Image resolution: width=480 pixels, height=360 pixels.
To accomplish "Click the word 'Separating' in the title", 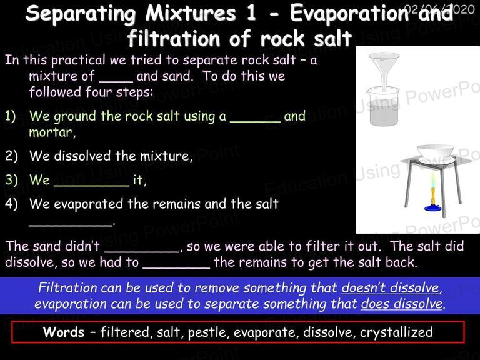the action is pyautogui.click(x=81, y=14).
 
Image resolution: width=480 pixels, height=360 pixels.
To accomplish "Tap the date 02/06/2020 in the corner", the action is pyautogui.click(x=440, y=9).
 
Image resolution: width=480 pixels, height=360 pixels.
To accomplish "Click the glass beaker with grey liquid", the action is pyautogui.click(x=383, y=106).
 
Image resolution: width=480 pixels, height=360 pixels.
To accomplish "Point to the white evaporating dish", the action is pyautogui.click(x=435, y=152).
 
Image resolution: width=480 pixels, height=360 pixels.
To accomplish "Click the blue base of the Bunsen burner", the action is pyautogui.click(x=433, y=208).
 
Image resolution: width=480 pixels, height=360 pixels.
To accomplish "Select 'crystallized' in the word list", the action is pyautogui.click(x=396, y=332).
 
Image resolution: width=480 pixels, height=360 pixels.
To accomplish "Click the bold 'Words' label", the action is pyautogui.click(x=64, y=332).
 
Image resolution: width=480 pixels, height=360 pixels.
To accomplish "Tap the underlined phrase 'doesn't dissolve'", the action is pyautogui.click(x=391, y=288).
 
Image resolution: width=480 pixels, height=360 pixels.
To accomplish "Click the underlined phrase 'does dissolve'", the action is pyautogui.click(x=402, y=304).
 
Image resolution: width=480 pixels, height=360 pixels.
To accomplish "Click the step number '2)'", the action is pyautogui.click(x=11, y=156).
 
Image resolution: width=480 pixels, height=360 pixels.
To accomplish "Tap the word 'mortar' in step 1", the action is pyautogui.click(x=51, y=132).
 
